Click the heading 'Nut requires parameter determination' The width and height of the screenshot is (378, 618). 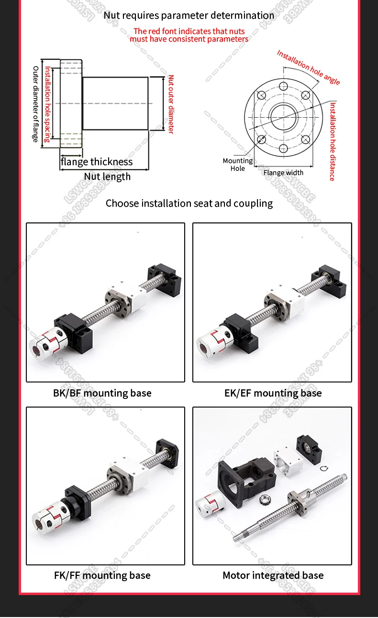click(189, 15)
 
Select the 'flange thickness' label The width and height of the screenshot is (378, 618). click(97, 162)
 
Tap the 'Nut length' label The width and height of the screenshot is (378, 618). click(107, 177)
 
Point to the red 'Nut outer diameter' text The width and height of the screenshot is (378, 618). click(171, 104)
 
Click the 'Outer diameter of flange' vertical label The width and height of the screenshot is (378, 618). click(35, 104)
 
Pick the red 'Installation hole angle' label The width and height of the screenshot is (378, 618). click(308, 67)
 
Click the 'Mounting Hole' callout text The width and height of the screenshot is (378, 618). click(237, 165)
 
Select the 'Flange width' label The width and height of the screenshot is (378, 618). click(283, 173)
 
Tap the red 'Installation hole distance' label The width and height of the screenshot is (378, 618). click(332, 141)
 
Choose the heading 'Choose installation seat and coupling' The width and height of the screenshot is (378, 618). click(189, 203)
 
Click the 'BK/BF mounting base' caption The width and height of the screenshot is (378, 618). click(102, 393)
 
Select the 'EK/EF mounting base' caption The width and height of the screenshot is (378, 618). click(273, 393)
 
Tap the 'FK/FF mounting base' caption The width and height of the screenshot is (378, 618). click(102, 575)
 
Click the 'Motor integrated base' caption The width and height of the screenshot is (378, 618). click(273, 575)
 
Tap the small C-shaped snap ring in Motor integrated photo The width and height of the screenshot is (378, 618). click(326, 469)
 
